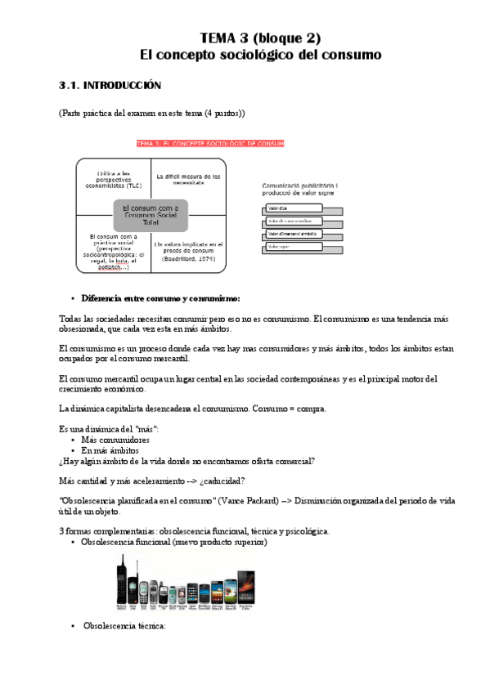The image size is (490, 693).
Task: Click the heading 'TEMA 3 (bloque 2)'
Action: pos(260,38)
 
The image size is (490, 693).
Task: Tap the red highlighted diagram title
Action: pos(209,144)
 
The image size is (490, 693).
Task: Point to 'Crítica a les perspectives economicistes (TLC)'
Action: pos(114,179)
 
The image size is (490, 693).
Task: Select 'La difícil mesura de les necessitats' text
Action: pos(188,179)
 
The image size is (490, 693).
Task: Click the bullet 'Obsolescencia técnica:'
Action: pos(124,625)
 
